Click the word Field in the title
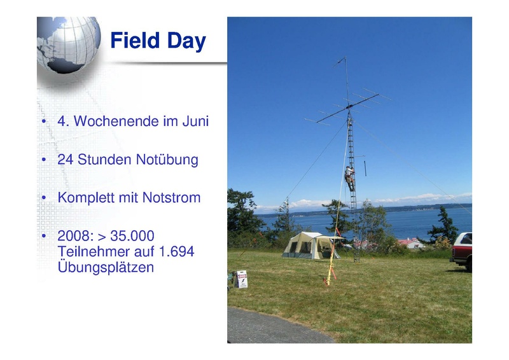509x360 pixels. [x=135, y=40]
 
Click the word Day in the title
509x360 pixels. [x=186, y=41]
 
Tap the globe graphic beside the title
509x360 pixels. [x=68, y=45]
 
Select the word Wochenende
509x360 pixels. [x=116, y=121]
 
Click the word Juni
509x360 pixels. [x=195, y=121]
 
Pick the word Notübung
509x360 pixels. [x=167, y=160]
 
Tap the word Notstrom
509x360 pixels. [x=171, y=198]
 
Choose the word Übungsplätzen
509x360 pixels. [x=106, y=267]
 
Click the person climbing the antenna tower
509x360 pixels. [x=349, y=179]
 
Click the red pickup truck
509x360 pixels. [x=461, y=252]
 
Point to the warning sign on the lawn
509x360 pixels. [x=242, y=279]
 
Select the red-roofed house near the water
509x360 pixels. [x=410, y=242]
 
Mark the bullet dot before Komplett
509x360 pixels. [x=44, y=197]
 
